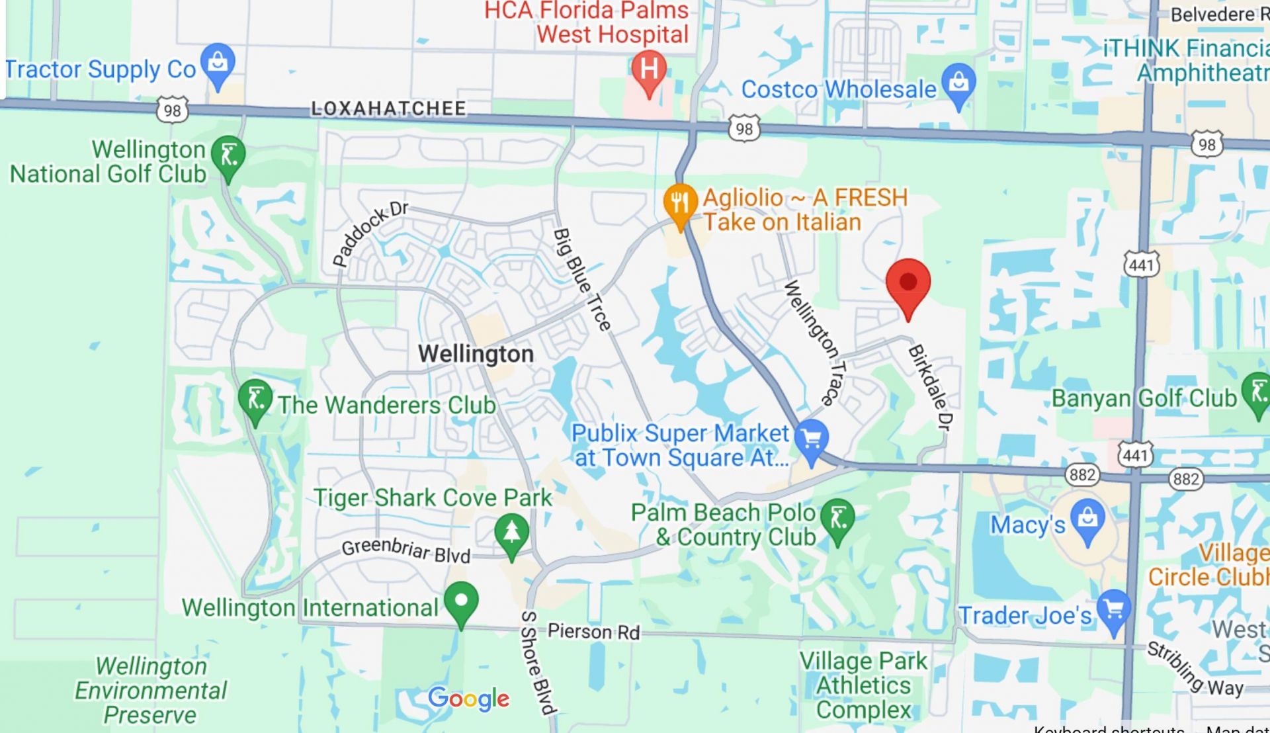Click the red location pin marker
pyautogui.click(x=908, y=283)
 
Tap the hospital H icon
pyautogui.click(x=649, y=69)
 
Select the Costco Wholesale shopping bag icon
pyautogui.click(x=958, y=83)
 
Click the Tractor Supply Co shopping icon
pyautogui.click(x=218, y=63)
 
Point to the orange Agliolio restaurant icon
pyautogui.click(x=680, y=202)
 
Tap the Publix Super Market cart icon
pyautogui.click(x=812, y=438)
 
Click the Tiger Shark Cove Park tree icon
pyautogui.click(x=512, y=533)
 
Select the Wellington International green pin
pyautogui.click(x=462, y=601)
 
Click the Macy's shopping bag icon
pyautogui.click(x=1087, y=519)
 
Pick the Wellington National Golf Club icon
pyautogui.click(x=228, y=156)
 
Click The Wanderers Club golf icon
pyautogui.click(x=255, y=399)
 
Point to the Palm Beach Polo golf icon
pyautogui.click(x=838, y=518)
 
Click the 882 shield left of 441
pyautogui.click(x=1082, y=474)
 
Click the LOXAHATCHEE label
pyautogui.click(x=388, y=108)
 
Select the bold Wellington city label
pyautogui.click(x=476, y=354)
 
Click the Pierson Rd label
pyautogui.click(x=593, y=632)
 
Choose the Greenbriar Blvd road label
pyautogui.click(x=405, y=550)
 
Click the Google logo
pyautogui.click(x=468, y=699)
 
